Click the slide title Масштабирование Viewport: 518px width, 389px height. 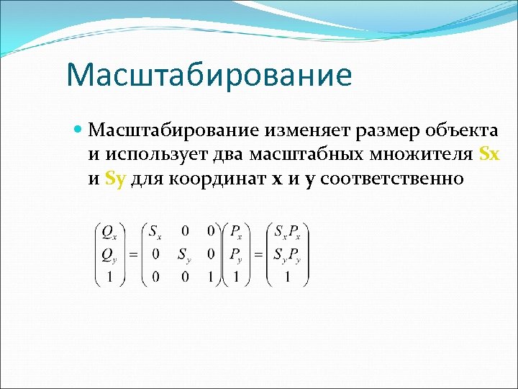(x=209, y=75)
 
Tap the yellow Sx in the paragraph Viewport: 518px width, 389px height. (x=489, y=154)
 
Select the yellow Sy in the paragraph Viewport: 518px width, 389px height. (x=115, y=179)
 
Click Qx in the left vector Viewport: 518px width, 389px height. (x=109, y=232)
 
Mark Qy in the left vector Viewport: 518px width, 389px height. (x=109, y=254)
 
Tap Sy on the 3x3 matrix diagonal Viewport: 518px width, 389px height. (x=185, y=254)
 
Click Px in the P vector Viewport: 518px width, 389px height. (x=236, y=232)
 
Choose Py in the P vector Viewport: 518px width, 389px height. (x=236, y=254)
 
